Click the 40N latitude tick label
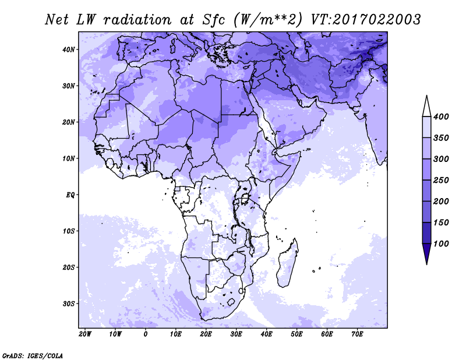pyautogui.click(x=68, y=50)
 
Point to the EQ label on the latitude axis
pyautogui.click(x=70, y=195)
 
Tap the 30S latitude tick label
pyautogui.click(x=68, y=304)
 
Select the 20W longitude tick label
pyautogui.click(x=85, y=334)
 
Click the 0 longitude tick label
pyautogui.click(x=145, y=334)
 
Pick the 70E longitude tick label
pyautogui.click(x=357, y=334)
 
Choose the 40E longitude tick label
pyautogui.click(x=266, y=334)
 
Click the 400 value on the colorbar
pyautogui.click(x=441, y=117)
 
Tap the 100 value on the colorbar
pyautogui.click(x=441, y=243)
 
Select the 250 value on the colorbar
pyautogui.click(x=441, y=180)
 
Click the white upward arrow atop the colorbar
pyautogui.click(x=427, y=106)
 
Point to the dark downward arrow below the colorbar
pyautogui.click(x=427, y=253)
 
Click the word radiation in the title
pyautogui.click(x=137, y=20)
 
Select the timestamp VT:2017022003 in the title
pyautogui.click(x=366, y=20)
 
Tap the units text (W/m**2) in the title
pyautogui.click(x=268, y=20)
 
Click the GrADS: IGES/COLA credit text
pyautogui.click(x=33, y=356)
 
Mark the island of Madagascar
pyautogui.click(x=288, y=263)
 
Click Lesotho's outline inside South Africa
pyautogui.click(x=231, y=302)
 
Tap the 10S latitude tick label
pyautogui.click(x=68, y=231)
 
